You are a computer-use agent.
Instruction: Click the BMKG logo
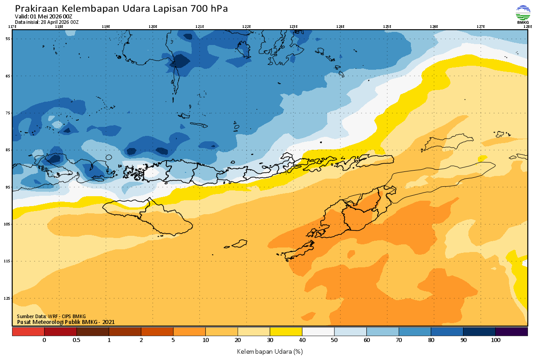point(522,14)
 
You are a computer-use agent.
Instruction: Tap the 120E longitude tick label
point(153,27)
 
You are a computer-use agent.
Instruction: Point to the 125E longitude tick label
point(387,27)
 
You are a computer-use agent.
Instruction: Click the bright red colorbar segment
point(28,332)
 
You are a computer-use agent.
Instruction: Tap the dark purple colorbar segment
point(512,332)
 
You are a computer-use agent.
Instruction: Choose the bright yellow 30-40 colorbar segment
point(286,332)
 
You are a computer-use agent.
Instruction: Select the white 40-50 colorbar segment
point(318,332)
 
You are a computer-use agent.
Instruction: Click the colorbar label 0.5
point(76,340)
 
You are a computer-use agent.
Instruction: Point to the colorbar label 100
point(495,340)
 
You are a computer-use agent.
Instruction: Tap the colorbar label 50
point(334,340)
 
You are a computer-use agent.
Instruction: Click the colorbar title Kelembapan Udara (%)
point(270,351)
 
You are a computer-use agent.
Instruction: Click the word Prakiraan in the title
point(36,9)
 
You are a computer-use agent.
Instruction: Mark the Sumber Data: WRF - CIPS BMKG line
point(51,316)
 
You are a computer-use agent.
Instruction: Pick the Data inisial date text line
point(47,22)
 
